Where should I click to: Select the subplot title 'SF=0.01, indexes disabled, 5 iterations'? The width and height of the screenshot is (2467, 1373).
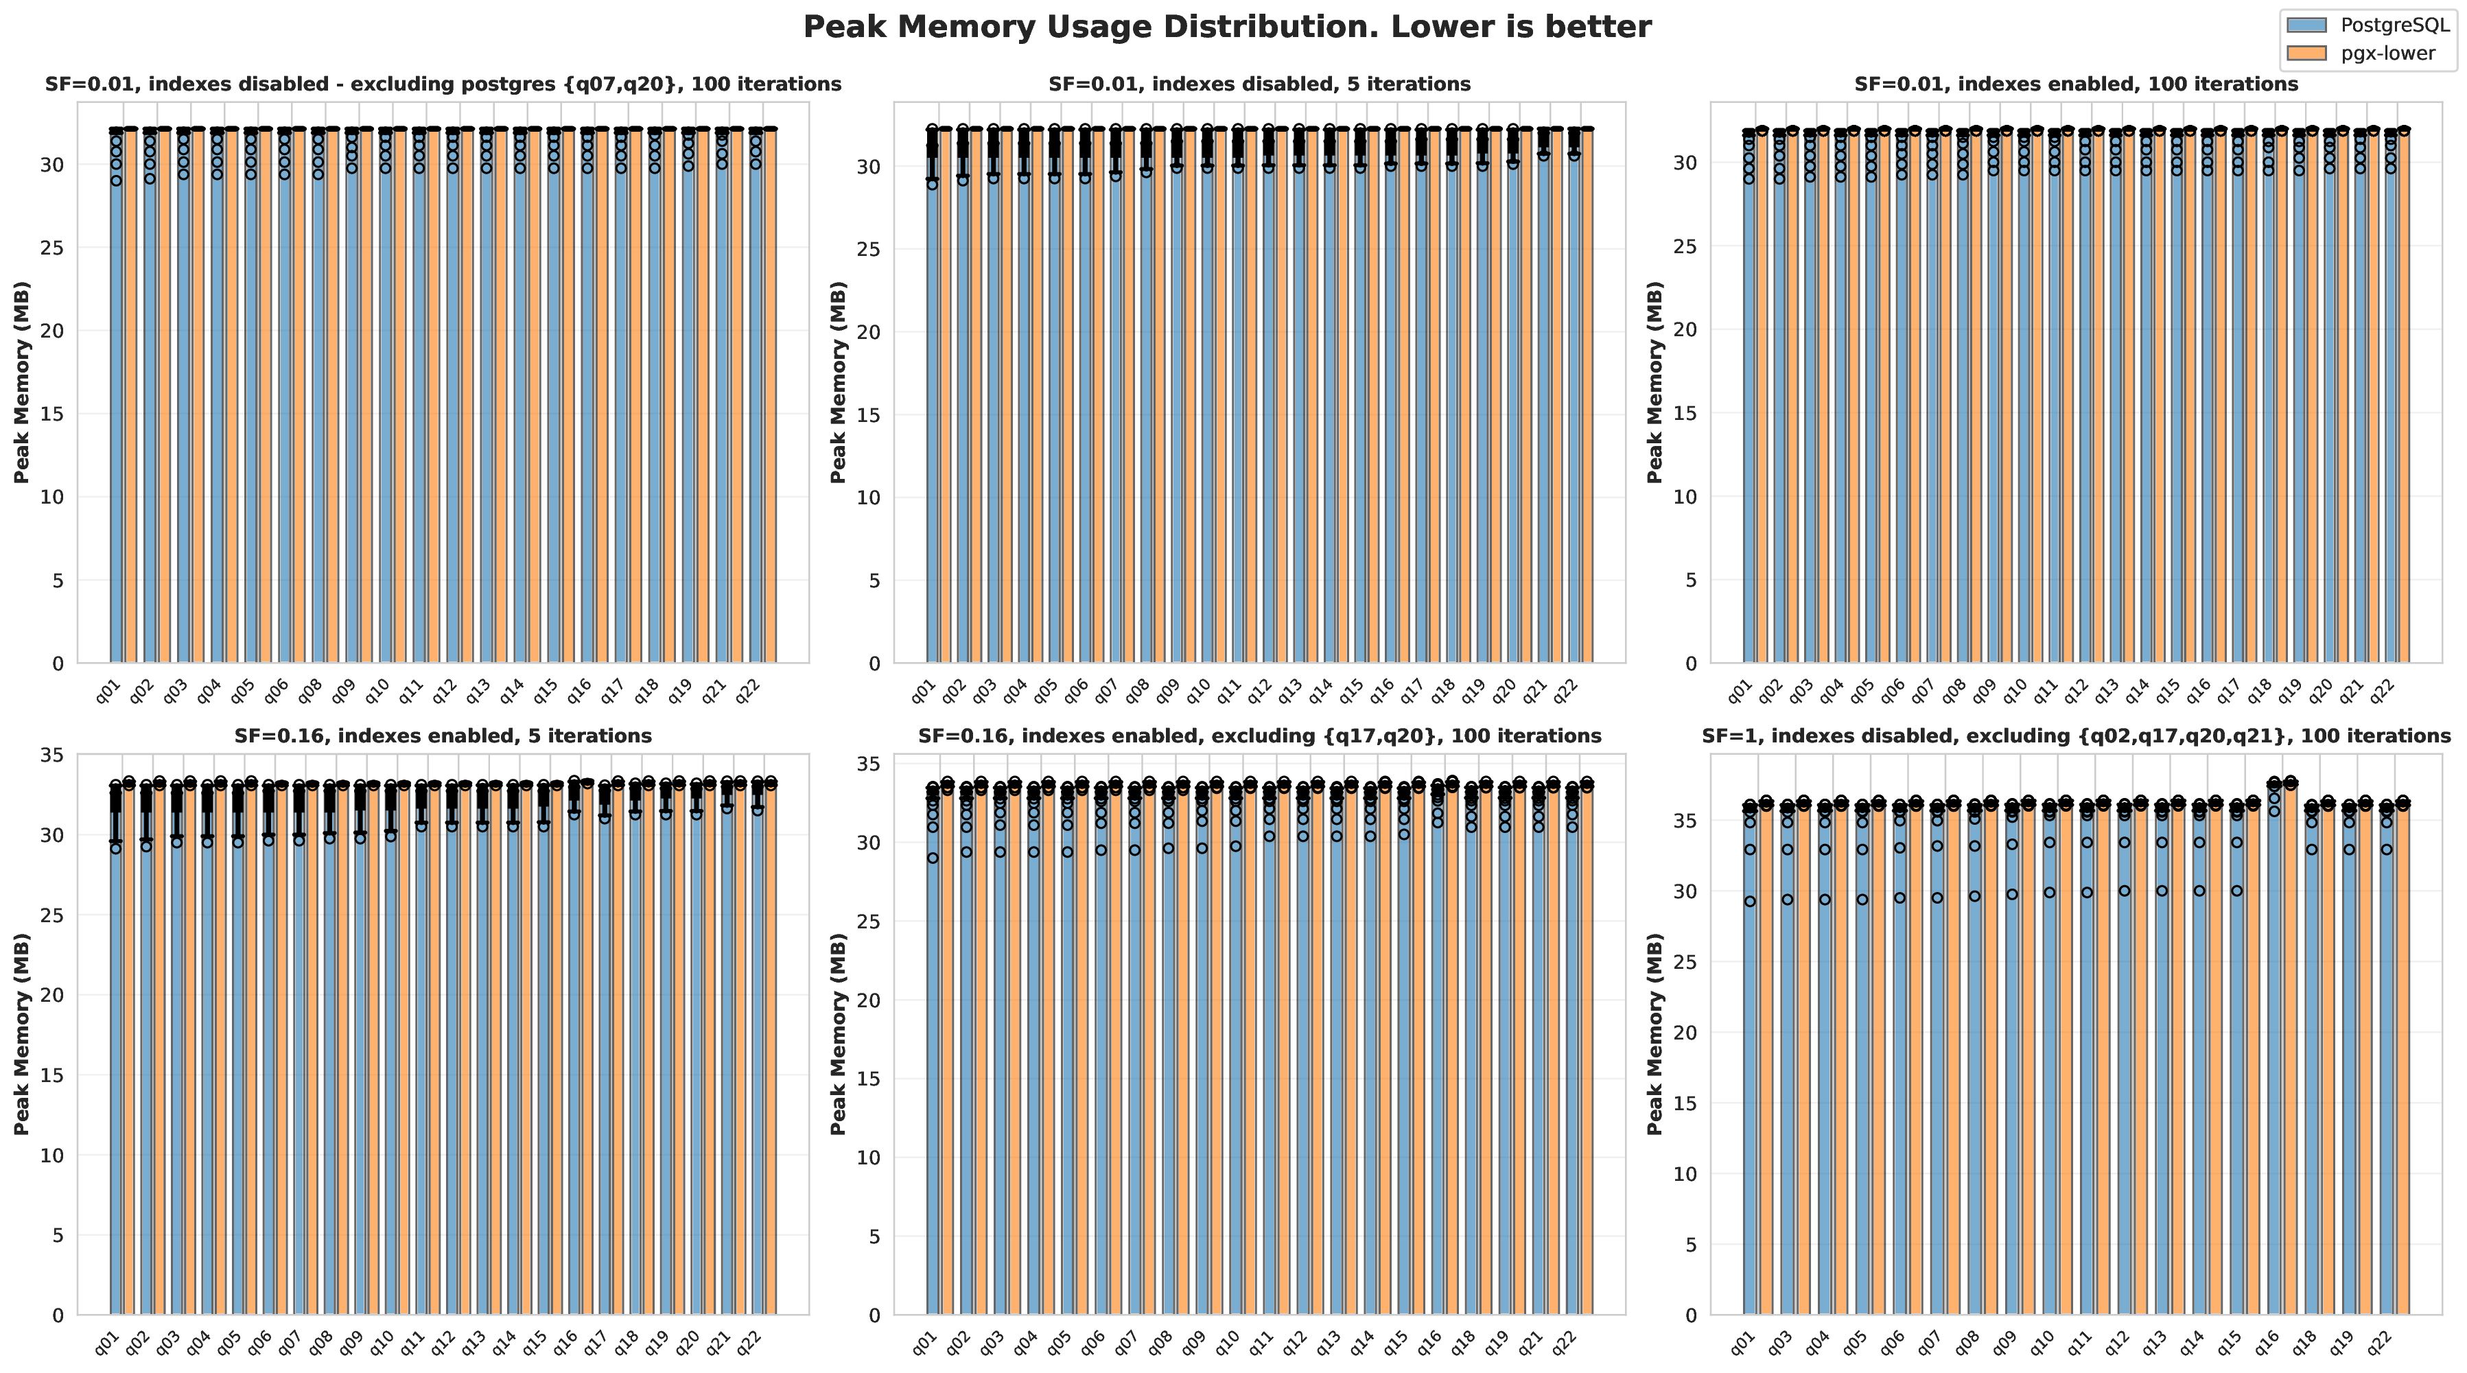coord(1259,84)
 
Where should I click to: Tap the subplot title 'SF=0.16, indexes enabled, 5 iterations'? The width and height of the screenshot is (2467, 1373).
coord(443,736)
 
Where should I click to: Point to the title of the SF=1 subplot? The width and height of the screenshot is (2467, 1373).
coord(2075,736)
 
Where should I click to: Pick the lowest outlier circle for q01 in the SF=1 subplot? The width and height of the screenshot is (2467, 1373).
coord(1750,901)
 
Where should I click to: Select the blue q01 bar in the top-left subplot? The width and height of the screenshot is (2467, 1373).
coord(117,402)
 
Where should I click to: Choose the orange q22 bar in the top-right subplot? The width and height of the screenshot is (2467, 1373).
coord(2402,402)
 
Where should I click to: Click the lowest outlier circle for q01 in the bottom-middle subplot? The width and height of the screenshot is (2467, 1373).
coord(933,858)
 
